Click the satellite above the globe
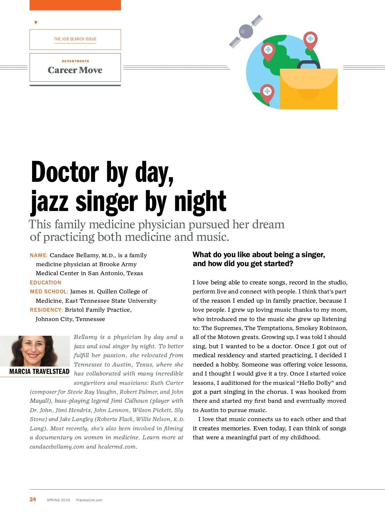[246, 31]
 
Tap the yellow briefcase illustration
[308, 90]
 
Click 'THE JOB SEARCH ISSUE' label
[75, 39]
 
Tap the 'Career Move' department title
[75, 70]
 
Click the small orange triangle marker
[36, 23]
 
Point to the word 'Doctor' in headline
[65, 173]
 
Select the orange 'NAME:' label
[38, 256]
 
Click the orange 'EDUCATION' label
[46, 283]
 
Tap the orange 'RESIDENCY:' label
[46, 310]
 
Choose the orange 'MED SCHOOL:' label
[49, 291]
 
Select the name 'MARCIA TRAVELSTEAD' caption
[39, 372]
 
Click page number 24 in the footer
[33, 499]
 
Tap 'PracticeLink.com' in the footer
[89, 500]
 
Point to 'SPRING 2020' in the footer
[58, 500]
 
